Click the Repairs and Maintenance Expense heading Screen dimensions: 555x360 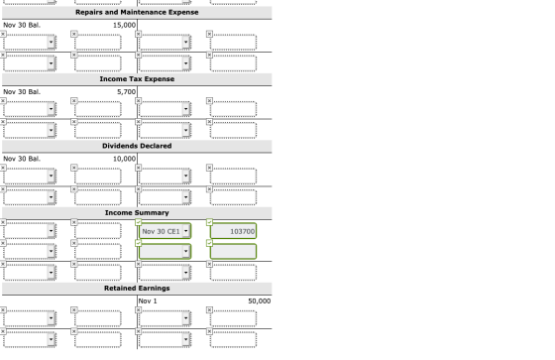pyautogui.click(x=137, y=12)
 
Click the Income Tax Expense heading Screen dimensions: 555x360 pyautogui.click(x=137, y=79)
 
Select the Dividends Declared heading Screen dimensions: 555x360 pyautogui.click(x=137, y=146)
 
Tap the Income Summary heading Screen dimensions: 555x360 pyautogui.click(x=137, y=212)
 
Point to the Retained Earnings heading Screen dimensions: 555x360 pyautogui.click(x=137, y=288)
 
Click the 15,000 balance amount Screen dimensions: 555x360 pyautogui.click(x=124, y=25)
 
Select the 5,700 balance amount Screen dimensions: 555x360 pyautogui.click(x=127, y=92)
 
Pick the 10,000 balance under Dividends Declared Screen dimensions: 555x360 pyautogui.click(x=124, y=159)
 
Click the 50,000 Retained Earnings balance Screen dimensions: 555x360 pyautogui.click(x=260, y=301)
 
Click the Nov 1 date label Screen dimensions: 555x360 pyautogui.click(x=148, y=301)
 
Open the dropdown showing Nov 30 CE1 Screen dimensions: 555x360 pyautogui.click(x=165, y=231)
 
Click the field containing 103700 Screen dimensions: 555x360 pyautogui.click(x=233, y=231)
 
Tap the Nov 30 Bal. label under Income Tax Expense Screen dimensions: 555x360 pyautogui.click(x=22, y=92)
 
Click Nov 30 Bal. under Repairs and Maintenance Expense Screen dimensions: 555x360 pyautogui.click(x=22, y=25)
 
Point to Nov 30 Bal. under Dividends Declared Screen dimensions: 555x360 pyautogui.click(x=22, y=159)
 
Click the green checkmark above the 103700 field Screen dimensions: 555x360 pyautogui.click(x=209, y=222)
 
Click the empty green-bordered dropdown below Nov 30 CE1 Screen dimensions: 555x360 pyautogui.click(x=165, y=252)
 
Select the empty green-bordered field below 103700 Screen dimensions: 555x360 pyautogui.click(x=233, y=252)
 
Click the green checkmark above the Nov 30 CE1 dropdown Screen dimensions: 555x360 pyautogui.click(x=139, y=222)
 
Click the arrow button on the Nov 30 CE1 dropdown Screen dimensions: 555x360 pyautogui.click(x=186, y=231)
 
